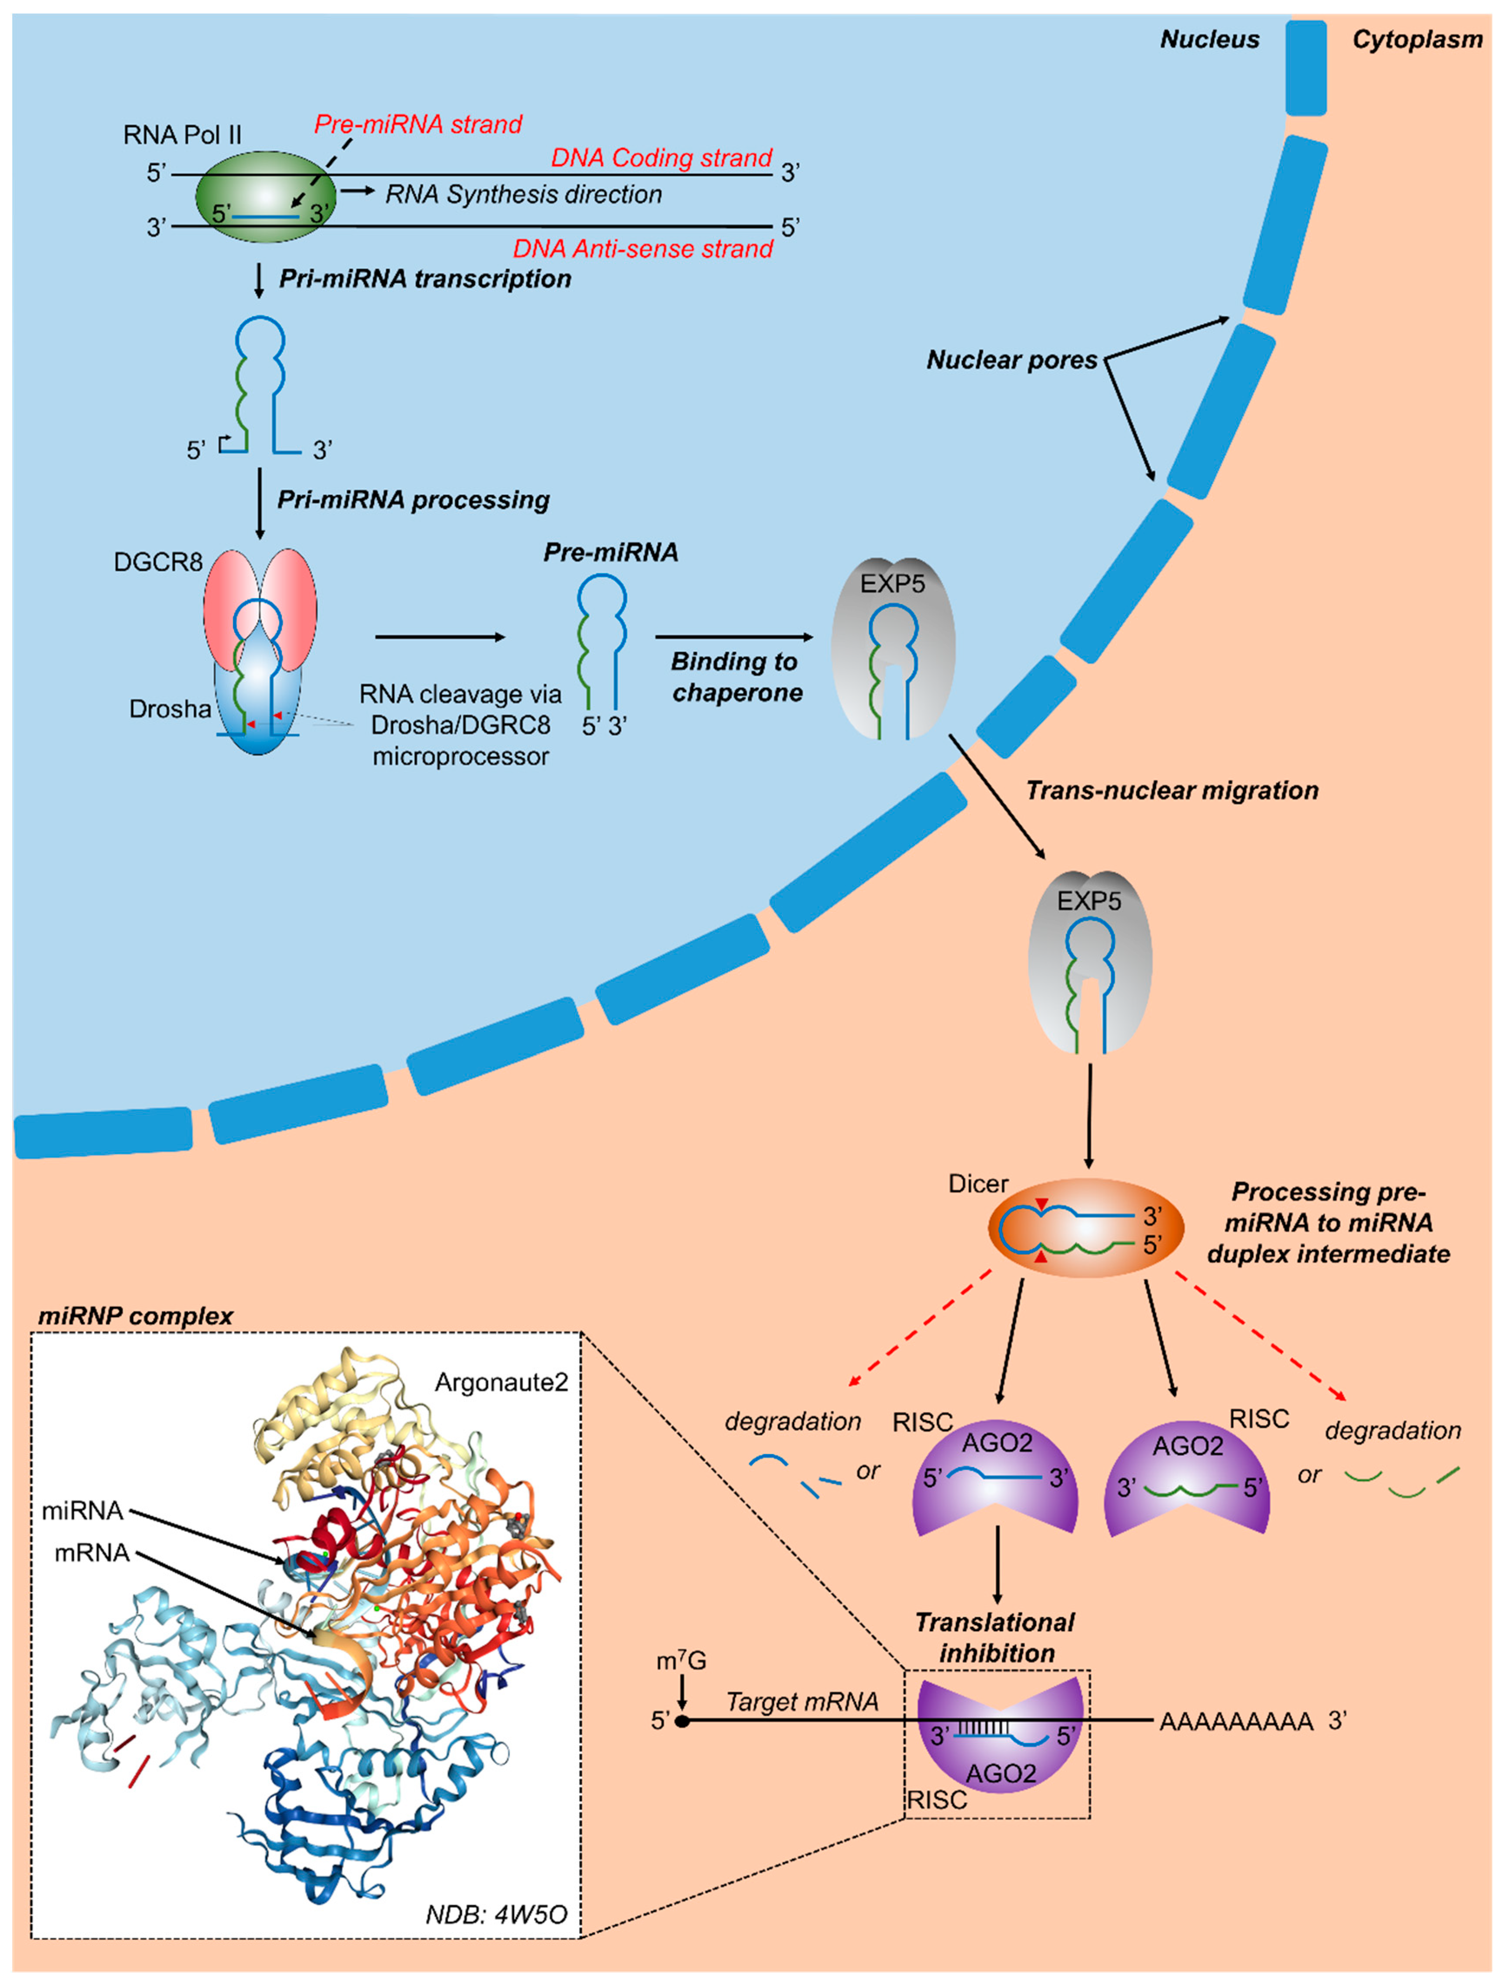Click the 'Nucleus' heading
click(1209, 40)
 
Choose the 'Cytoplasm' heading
click(1416, 40)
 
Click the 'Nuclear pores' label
click(1011, 361)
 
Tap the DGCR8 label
click(158, 562)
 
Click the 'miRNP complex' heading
click(135, 1316)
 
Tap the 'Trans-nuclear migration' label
click(1171, 791)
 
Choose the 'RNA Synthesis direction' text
click(524, 194)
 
